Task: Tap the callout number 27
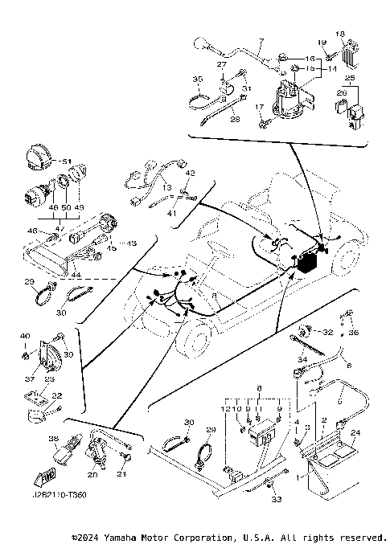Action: (x=222, y=64)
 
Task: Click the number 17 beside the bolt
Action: (x=259, y=107)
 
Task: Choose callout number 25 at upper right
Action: (x=349, y=78)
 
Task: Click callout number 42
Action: (x=191, y=173)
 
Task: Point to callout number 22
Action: (x=56, y=395)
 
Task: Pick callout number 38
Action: (x=53, y=439)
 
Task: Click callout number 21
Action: (x=123, y=474)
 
